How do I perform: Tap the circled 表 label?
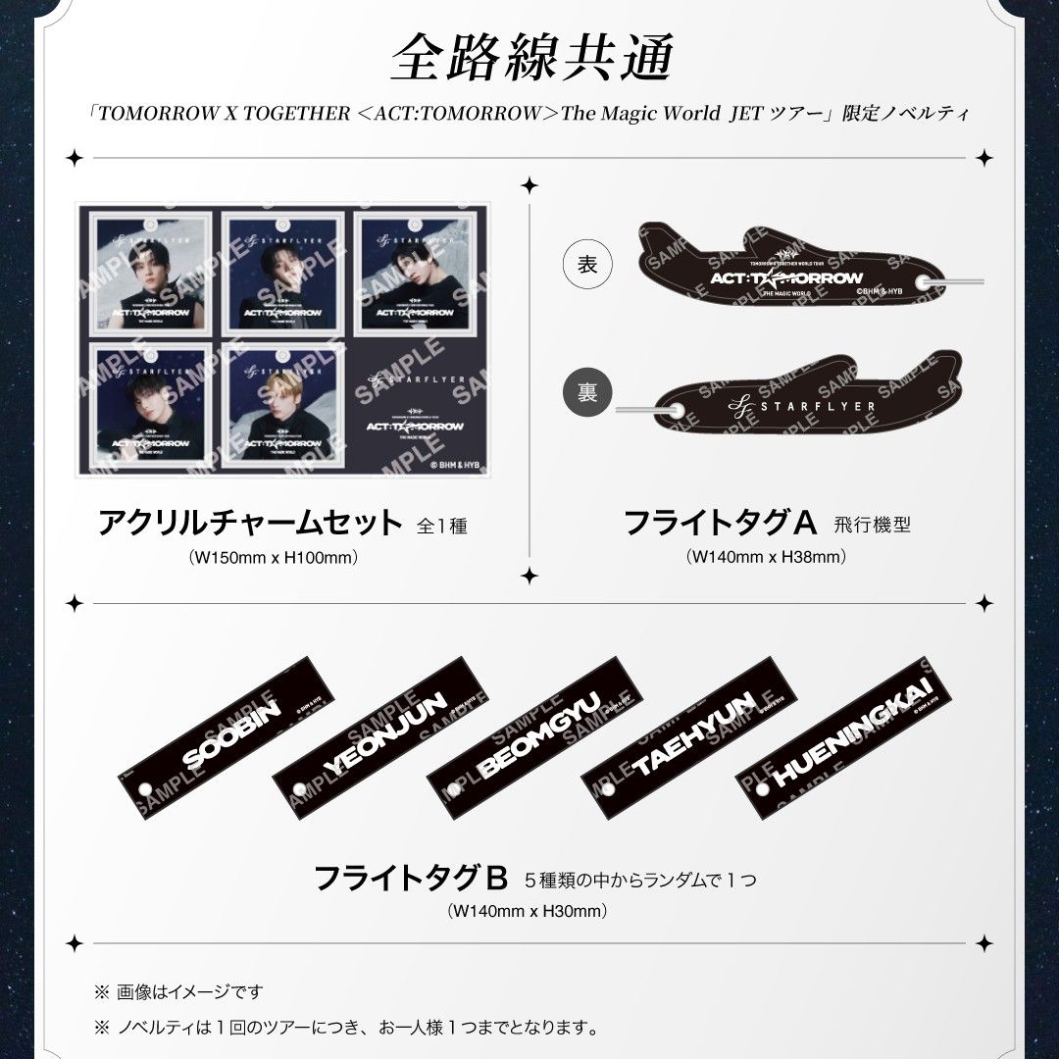pyautogui.click(x=585, y=265)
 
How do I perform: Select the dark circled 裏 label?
pyautogui.click(x=585, y=392)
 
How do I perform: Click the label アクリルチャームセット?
pyautogui.click(x=251, y=523)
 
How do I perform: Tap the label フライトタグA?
pyautogui.click(x=721, y=523)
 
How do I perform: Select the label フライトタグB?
pyautogui.click(x=411, y=877)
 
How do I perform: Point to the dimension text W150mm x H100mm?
pyautogui.click(x=273, y=557)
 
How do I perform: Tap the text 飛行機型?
pyautogui.click(x=873, y=525)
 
